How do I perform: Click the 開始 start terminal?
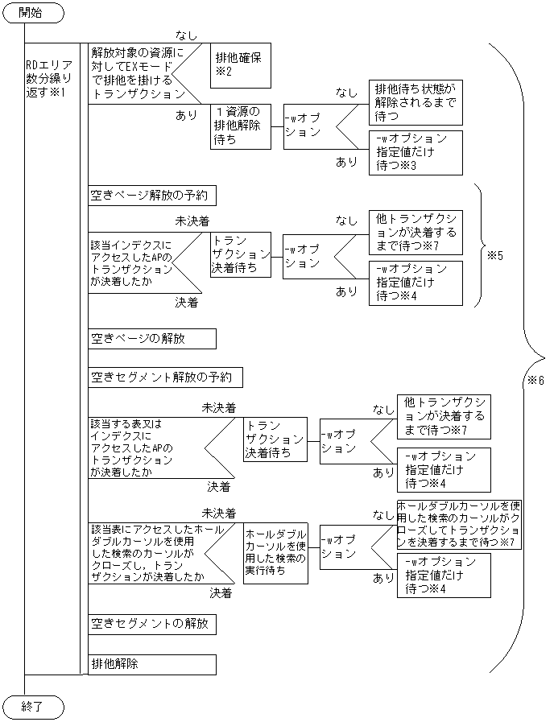click(32, 14)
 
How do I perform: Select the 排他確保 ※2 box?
click(238, 64)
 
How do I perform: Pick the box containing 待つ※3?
click(415, 152)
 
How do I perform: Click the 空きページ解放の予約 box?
click(152, 196)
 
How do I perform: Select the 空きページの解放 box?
click(152, 339)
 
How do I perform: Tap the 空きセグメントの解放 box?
click(152, 624)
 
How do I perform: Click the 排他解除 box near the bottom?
click(152, 664)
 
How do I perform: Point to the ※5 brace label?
click(494, 255)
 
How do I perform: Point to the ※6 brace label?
click(536, 380)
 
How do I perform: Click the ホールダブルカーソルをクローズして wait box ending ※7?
click(459, 524)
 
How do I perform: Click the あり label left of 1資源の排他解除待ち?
click(186, 115)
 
